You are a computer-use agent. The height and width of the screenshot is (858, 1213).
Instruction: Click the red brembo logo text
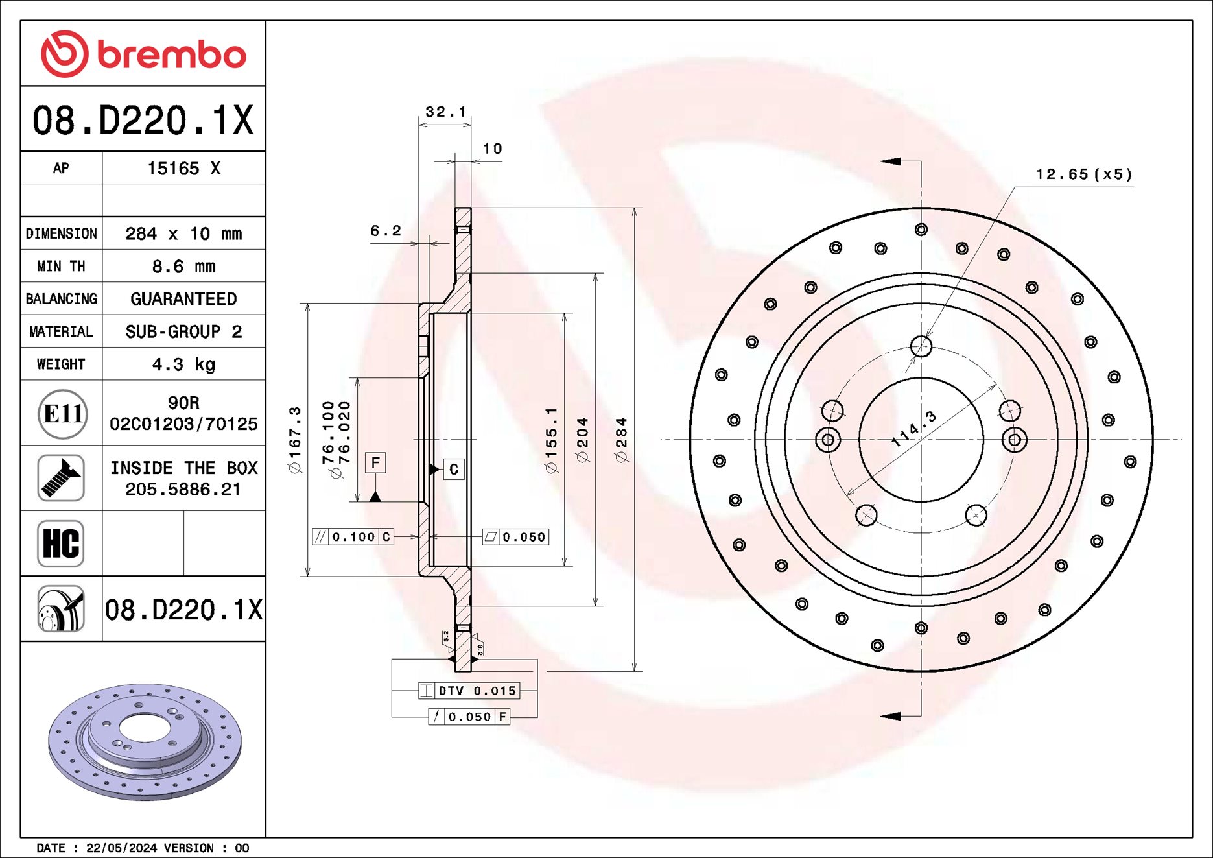pos(171,54)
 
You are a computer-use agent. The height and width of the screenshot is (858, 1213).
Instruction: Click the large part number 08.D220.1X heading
pos(143,120)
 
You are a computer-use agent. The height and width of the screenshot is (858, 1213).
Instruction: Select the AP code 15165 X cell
pos(183,169)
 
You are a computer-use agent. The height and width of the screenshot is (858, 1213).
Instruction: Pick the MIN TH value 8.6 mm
pos(183,267)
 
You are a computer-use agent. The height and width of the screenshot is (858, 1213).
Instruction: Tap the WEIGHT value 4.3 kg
pos(183,364)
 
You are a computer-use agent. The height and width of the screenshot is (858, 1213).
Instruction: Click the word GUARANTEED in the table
pos(183,299)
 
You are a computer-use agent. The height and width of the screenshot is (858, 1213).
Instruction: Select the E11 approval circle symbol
pos(62,413)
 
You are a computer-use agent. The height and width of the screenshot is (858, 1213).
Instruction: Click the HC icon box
pos(61,543)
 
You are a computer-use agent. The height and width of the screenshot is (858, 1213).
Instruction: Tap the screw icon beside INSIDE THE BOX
pos(61,478)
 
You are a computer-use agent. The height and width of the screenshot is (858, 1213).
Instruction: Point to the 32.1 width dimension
pos(445,112)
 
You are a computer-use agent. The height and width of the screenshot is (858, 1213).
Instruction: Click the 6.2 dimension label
pos(386,231)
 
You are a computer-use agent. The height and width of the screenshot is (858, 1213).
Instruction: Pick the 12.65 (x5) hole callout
pos(1084,174)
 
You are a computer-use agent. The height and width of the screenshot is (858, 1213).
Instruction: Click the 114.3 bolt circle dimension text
pos(914,429)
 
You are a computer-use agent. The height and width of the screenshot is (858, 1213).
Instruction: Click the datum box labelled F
pos(375,462)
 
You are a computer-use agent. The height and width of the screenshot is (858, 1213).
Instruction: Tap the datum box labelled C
pos(454,469)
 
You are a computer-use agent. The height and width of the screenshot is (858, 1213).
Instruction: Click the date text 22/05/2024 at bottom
pos(121,848)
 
